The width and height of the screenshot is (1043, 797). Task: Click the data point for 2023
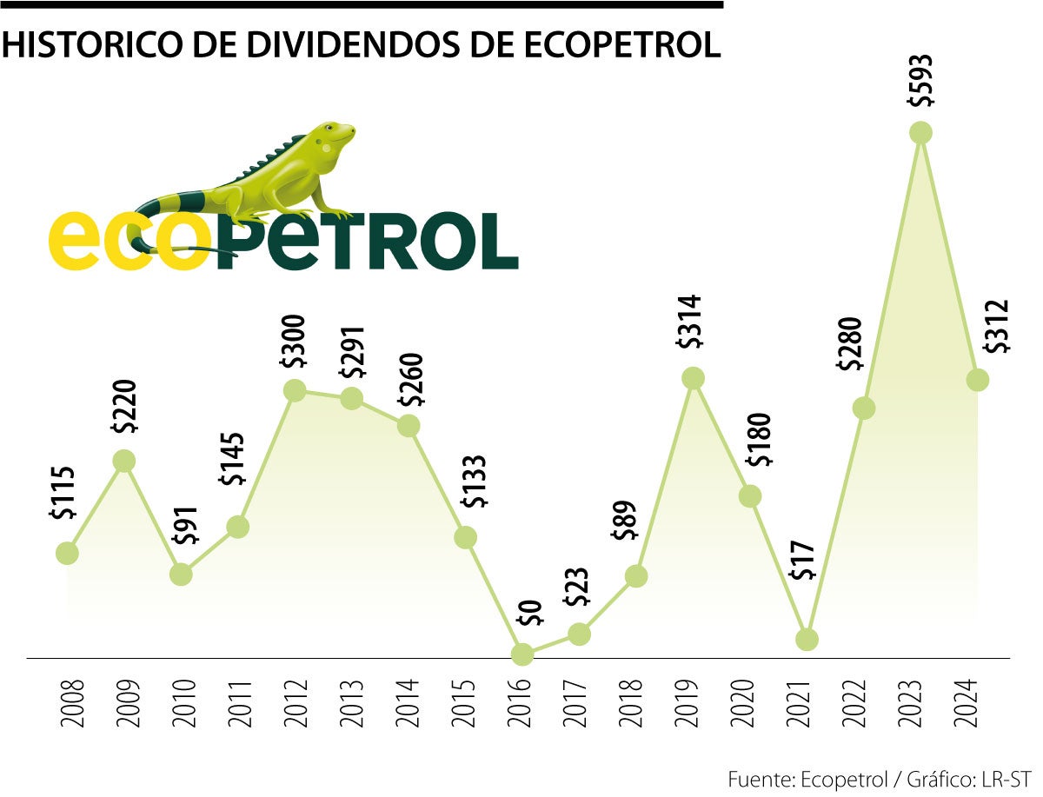coord(920,133)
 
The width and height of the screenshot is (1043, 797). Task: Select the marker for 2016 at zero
coord(522,654)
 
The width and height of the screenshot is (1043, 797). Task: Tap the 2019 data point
coord(693,378)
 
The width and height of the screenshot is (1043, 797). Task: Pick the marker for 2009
coord(124,461)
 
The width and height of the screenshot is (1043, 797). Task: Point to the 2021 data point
coord(807,639)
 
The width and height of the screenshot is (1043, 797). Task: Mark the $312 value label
coord(998,327)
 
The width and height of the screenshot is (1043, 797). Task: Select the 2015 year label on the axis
coord(466,704)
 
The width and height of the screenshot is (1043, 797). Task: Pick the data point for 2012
coord(295,390)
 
